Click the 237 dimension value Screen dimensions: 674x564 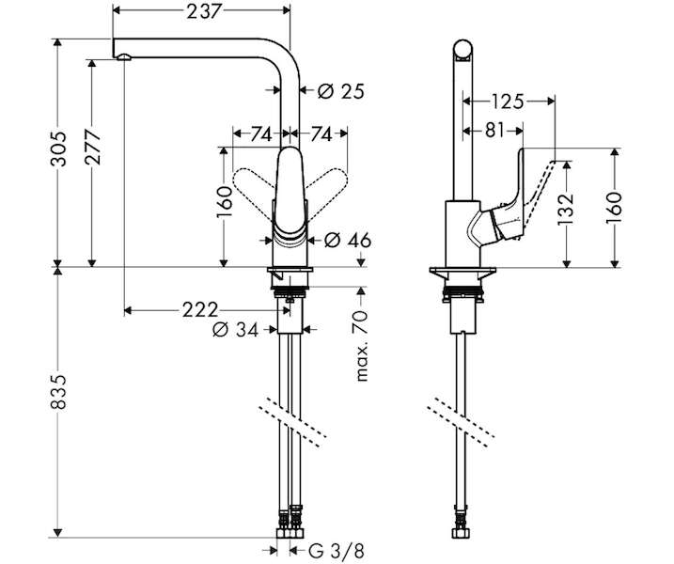(204, 11)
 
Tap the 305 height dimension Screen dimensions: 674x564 (59, 149)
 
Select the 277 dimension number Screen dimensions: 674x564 (93, 147)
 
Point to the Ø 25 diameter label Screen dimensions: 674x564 (341, 91)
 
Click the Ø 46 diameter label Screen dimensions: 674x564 (347, 241)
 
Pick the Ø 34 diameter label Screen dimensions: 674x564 (236, 330)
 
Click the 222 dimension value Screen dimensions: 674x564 (200, 309)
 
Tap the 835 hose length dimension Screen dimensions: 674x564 (59, 391)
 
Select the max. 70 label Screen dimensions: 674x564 (362, 346)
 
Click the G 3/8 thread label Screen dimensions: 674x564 (337, 550)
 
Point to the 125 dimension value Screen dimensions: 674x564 (508, 102)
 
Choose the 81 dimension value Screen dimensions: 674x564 (494, 130)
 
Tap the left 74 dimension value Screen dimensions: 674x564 (261, 134)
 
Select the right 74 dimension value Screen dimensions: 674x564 (321, 134)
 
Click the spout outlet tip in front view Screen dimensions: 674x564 (123, 57)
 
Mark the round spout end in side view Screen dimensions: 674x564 (462, 48)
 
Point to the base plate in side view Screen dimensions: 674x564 (462, 272)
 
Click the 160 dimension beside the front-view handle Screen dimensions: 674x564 (225, 202)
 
